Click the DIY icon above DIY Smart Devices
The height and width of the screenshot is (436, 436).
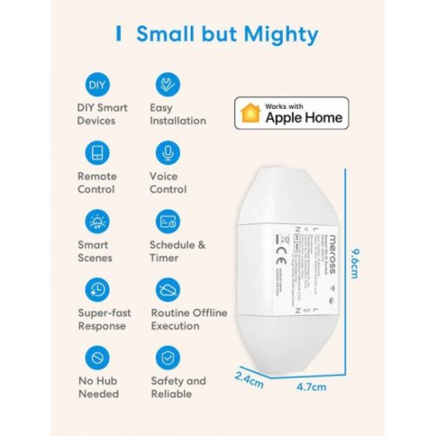coord(97,86)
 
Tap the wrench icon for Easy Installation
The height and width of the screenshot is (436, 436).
coord(167,85)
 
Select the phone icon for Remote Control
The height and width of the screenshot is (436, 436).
coord(97,153)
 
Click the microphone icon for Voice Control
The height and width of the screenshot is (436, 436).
coord(167,153)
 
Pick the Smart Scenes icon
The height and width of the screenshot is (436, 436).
coord(97,221)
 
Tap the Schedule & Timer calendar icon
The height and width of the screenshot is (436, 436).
coord(167,221)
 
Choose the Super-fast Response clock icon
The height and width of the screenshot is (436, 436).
coord(97,290)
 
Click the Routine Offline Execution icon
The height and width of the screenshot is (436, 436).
coord(167,290)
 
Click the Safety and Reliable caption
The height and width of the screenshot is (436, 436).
coord(178,387)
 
